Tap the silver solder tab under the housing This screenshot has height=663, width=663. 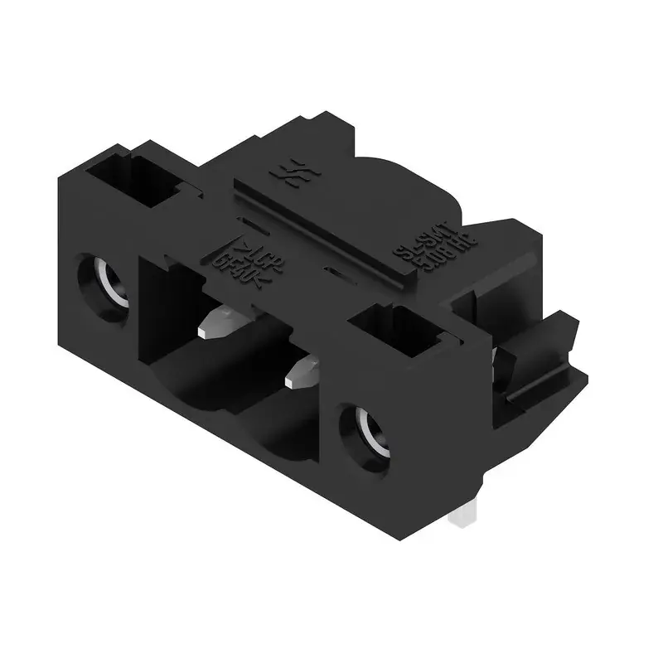click(x=462, y=517)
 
